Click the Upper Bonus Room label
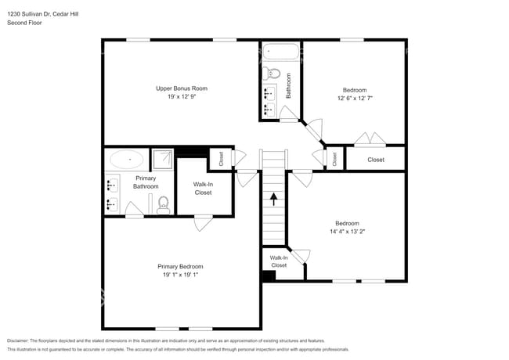click(x=181, y=88)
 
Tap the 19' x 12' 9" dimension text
click(x=181, y=97)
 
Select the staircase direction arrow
click(x=274, y=200)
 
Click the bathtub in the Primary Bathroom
click(x=126, y=160)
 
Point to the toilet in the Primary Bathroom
click(x=163, y=204)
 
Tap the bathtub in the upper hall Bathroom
click(x=280, y=53)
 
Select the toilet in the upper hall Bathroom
click(x=271, y=74)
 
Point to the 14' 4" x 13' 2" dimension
click(x=347, y=232)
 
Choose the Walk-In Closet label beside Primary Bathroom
click(x=203, y=189)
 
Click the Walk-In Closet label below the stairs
click(x=279, y=261)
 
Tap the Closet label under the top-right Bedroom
click(x=376, y=160)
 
